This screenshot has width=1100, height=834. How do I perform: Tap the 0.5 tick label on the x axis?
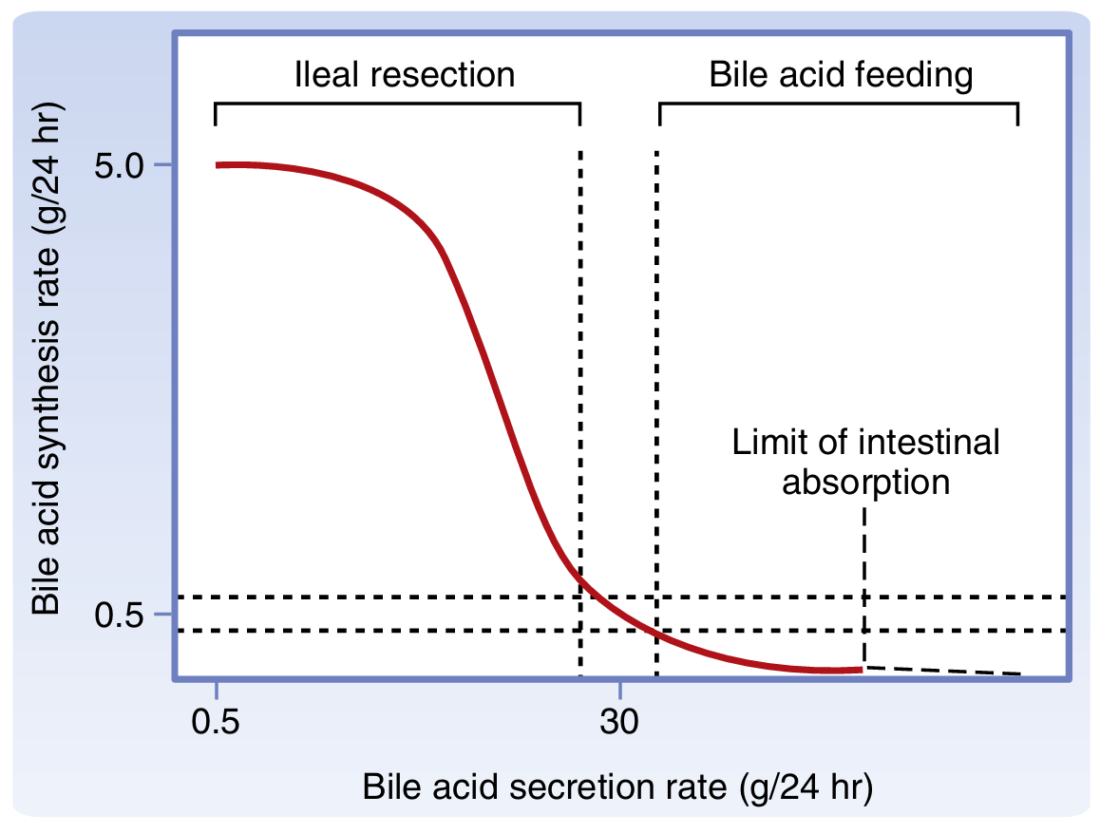coord(217,724)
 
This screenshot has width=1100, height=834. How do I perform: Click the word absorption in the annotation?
coord(865,482)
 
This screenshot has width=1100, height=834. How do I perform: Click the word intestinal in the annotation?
coord(930,443)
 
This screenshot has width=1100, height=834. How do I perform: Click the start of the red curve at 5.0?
coord(218,165)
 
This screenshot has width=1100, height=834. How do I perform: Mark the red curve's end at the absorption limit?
coord(860,669)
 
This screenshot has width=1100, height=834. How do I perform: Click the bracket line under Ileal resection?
coord(399,103)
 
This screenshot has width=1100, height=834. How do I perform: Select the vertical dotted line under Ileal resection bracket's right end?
coord(580,380)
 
